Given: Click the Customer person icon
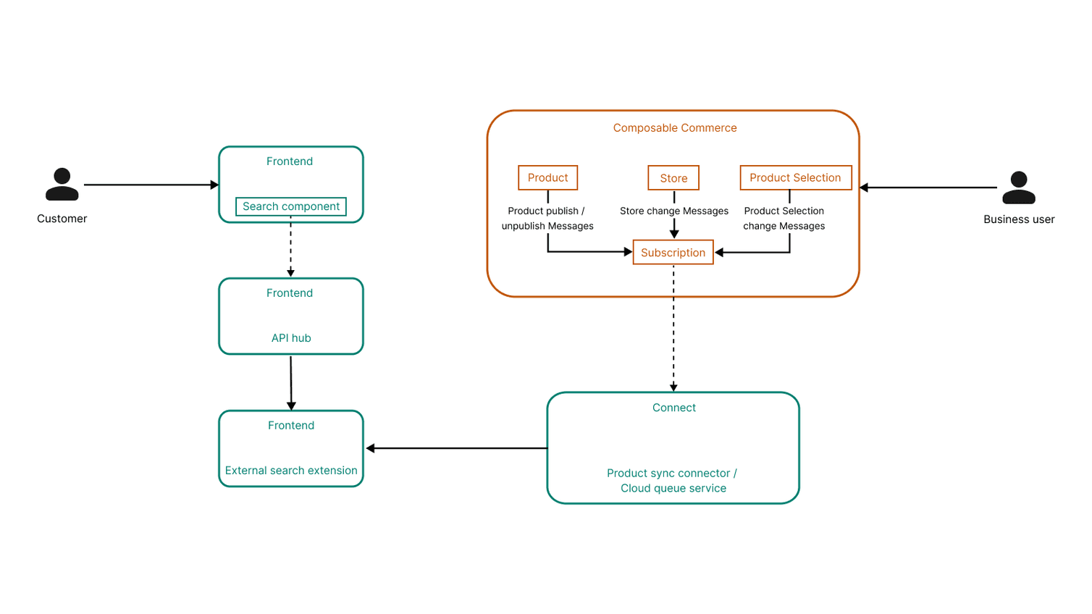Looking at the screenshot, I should coord(62,185).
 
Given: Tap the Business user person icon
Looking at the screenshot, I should coord(1018,188).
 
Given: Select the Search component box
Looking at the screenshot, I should coord(290,206).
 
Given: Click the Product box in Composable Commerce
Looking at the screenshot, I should coord(547,177).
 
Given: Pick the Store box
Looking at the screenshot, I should coord(673,178).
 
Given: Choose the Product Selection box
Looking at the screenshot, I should coord(795,177).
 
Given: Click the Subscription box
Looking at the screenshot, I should coord(673,253).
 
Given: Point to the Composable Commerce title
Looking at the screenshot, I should coord(674,128).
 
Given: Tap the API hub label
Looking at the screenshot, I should coord(291,338).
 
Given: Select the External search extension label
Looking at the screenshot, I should coord(291,471).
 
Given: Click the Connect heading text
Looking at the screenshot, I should coord(673,408).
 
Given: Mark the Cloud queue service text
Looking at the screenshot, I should coord(673,489).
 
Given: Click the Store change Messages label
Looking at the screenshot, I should coord(673,211).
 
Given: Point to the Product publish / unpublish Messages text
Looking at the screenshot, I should coord(547,219).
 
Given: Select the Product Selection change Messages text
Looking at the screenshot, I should coord(784,219).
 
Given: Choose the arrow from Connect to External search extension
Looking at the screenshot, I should coord(456,448).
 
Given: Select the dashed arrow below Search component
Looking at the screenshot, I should coord(290,250).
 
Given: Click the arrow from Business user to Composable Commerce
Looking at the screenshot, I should coord(928,188).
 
